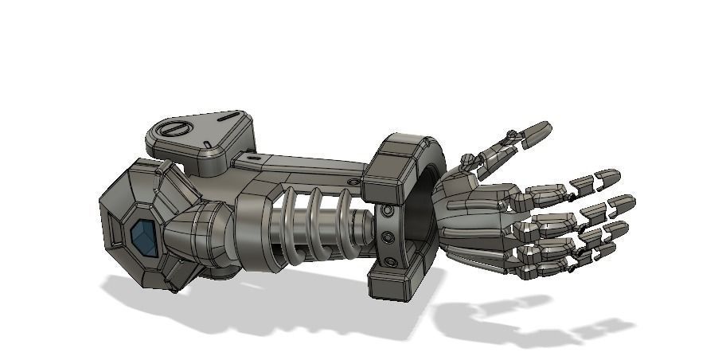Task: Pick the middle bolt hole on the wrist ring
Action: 387,237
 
